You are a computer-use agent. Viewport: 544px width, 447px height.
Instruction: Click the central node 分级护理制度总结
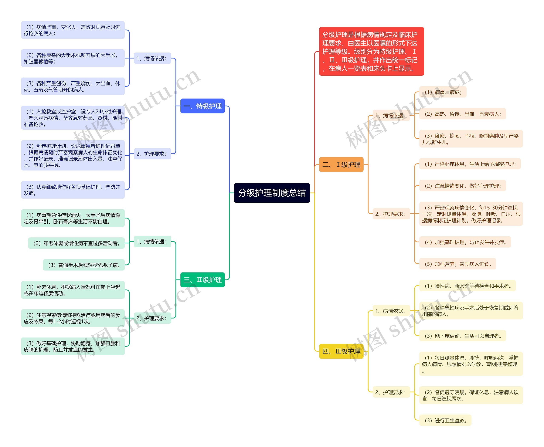click(x=272, y=193)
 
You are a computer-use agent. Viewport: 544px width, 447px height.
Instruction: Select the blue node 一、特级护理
click(x=202, y=106)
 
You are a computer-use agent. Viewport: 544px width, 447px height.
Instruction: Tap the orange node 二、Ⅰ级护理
click(x=341, y=164)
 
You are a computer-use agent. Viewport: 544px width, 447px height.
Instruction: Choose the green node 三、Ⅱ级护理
click(x=202, y=280)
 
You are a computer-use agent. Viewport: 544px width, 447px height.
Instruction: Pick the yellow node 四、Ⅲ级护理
click(x=341, y=351)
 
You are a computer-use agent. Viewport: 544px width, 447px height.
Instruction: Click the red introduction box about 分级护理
click(x=371, y=51)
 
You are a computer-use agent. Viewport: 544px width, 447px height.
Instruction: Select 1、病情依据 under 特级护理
click(x=152, y=58)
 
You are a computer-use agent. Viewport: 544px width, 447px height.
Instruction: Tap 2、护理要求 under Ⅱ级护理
click(x=152, y=318)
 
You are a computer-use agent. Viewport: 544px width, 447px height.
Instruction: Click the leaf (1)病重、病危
click(x=443, y=92)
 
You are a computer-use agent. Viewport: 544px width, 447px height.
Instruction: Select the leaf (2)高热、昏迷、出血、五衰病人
click(x=463, y=114)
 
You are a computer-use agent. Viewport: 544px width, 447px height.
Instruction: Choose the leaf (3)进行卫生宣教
click(x=445, y=420)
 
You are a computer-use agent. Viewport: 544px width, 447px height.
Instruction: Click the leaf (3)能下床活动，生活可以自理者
click(x=463, y=336)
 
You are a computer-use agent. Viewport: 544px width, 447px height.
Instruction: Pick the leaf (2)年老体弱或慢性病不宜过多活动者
click(x=76, y=243)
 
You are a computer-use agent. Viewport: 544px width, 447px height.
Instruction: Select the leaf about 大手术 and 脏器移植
click(x=73, y=58)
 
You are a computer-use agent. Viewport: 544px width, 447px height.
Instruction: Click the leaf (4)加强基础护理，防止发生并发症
click(x=465, y=242)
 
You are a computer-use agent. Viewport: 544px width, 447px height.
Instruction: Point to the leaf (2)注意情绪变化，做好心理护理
click(x=463, y=186)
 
